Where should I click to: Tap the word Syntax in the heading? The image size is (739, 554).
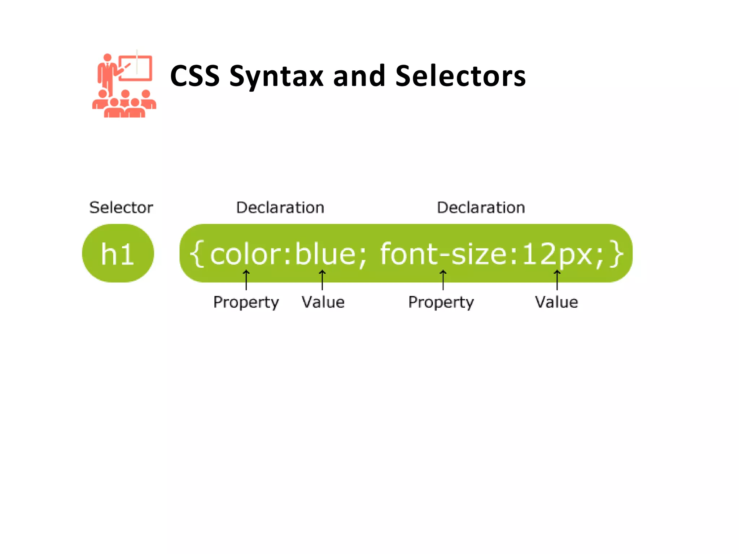click(x=277, y=77)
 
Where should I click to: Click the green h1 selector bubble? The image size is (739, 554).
click(x=118, y=253)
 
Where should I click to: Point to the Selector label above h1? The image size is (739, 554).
click(x=121, y=208)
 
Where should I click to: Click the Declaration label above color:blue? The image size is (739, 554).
click(x=280, y=208)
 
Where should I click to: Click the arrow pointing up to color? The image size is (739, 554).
click(x=246, y=280)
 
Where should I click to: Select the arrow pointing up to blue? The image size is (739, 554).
click(x=322, y=280)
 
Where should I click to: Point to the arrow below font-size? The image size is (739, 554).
click(x=443, y=280)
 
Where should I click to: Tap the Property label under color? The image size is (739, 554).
click(x=246, y=302)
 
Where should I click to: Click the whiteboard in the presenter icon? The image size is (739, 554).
click(x=136, y=68)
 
